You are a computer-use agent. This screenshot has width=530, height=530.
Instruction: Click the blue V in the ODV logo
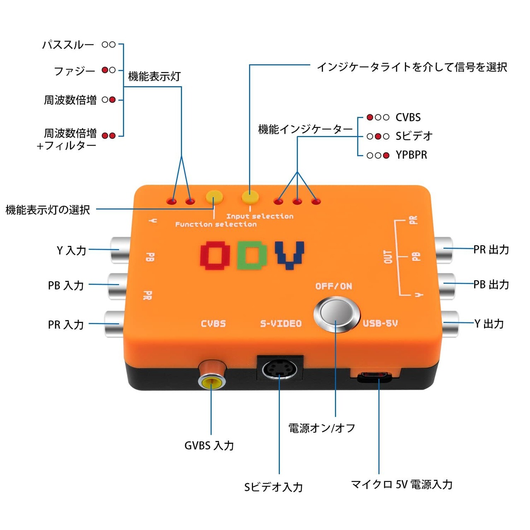(290, 254)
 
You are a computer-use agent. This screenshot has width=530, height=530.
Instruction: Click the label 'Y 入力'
(71, 251)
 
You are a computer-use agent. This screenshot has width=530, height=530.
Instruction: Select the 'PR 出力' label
(491, 250)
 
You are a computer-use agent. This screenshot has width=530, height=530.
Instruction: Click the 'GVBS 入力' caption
(209, 446)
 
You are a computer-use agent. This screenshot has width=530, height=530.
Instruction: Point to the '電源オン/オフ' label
(322, 428)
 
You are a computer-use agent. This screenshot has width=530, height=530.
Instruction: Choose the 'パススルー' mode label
(68, 45)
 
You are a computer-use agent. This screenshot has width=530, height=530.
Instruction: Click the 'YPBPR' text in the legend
(411, 155)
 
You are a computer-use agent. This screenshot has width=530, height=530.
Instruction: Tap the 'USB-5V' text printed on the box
(380, 323)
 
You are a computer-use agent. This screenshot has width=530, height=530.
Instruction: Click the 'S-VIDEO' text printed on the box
(281, 324)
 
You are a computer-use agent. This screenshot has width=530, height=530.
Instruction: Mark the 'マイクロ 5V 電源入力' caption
(402, 484)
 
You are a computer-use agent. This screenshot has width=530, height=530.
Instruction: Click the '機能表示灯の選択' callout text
(48, 210)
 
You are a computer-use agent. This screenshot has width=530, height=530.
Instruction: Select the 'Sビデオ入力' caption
(273, 487)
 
